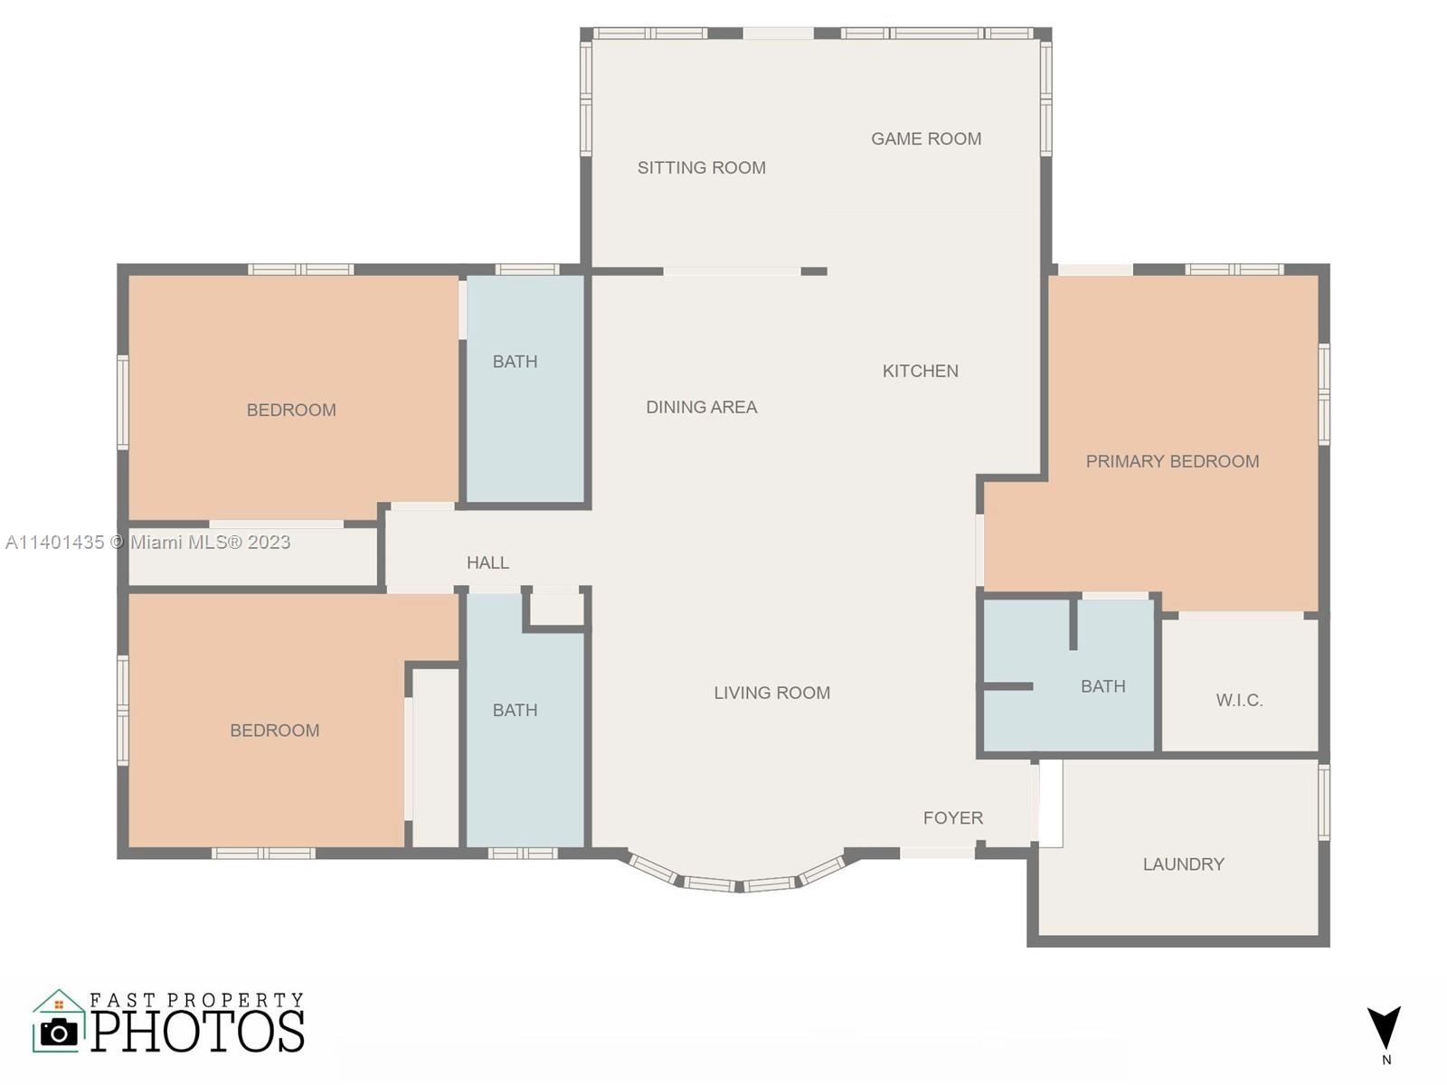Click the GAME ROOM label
tap(926, 139)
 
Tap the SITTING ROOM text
tap(702, 168)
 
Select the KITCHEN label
tap(921, 372)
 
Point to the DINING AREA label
tap(702, 408)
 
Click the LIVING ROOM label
tap(772, 693)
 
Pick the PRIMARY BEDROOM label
tap(1172, 462)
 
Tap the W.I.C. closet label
tap(1239, 700)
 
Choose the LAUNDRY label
tap(1183, 864)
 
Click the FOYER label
tap(952, 818)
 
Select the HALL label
tap(487, 563)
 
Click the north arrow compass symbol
tap(1384, 1028)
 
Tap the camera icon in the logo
tap(59, 1033)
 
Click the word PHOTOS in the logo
tap(197, 1031)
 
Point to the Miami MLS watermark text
tap(147, 542)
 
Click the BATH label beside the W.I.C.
tap(1102, 687)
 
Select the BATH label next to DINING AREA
tap(515, 362)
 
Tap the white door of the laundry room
tap(1051, 804)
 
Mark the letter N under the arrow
tap(1386, 1060)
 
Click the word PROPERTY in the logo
tap(235, 1000)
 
